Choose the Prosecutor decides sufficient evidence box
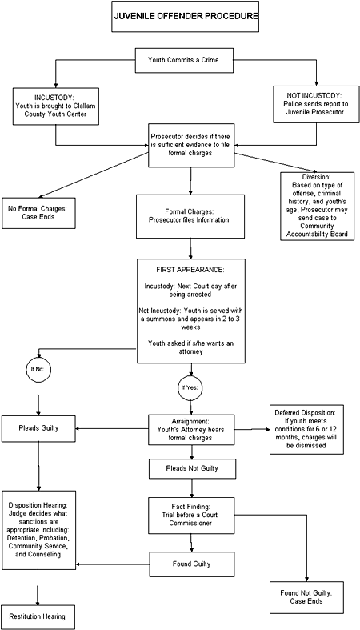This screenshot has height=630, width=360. [x=190, y=144]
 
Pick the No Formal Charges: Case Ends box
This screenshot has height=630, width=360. [x=38, y=211]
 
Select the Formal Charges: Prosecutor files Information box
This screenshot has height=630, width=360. [x=190, y=215]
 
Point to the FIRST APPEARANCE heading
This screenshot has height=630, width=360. [x=190, y=270]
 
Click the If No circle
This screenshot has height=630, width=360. [x=38, y=369]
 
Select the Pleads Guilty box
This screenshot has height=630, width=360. [x=39, y=428]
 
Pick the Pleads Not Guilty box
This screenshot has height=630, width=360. [x=190, y=468]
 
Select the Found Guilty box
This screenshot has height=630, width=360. [x=190, y=564]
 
